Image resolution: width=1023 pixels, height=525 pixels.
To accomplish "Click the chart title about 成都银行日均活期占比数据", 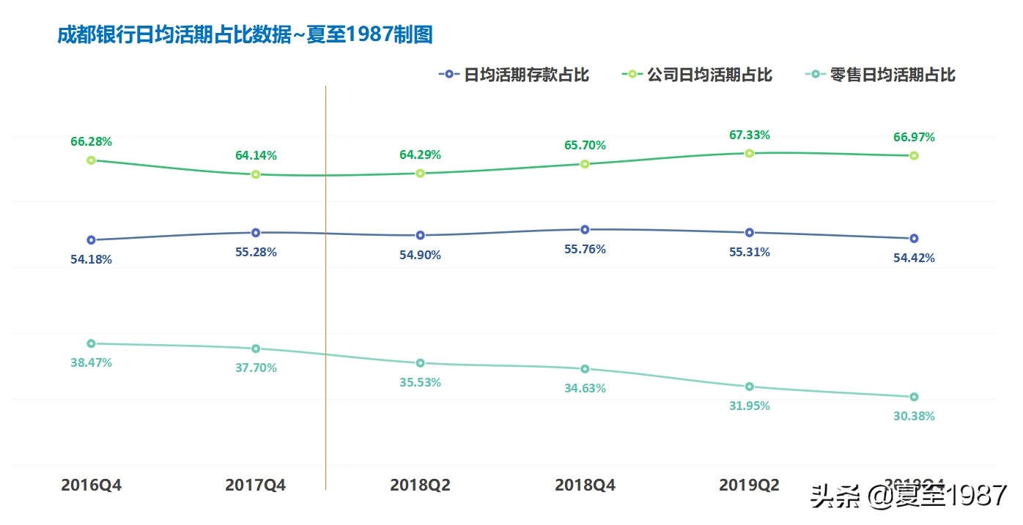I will click(x=245, y=34).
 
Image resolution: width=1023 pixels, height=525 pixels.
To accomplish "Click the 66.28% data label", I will click(x=91, y=141).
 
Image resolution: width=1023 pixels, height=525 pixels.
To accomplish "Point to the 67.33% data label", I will click(x=749, y=135).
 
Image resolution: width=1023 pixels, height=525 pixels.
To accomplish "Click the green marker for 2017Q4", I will click(x=256, y=174).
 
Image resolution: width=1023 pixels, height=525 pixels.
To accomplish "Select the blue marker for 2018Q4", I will click(x=585, y=230).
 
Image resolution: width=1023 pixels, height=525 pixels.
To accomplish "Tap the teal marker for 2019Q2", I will click(x=749, y=387).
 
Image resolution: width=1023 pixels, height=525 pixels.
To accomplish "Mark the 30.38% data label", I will click(x=914, y=416).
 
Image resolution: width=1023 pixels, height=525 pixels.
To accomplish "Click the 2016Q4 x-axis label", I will click(x=91, y=485).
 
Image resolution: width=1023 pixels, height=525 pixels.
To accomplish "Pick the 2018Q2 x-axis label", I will click(x=420, y=485).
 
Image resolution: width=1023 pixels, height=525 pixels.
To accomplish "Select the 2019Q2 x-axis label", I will click(x=749, y=485).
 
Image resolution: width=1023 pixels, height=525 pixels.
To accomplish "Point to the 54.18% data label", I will click(x=91, y=259).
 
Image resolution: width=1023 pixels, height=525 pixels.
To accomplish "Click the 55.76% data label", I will click(x=585, y=249).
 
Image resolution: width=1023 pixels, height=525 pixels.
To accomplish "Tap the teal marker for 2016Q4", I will click(x=91, y=343).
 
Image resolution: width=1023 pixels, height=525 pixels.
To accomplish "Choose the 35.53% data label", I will click(x=420, y=382).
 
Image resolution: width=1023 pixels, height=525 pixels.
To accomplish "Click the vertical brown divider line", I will click(x=325, y=293).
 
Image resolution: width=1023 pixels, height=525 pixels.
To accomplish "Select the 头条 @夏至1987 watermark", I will click(x=909, y=496).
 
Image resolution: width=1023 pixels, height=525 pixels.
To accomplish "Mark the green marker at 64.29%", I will click(x=420, y=174).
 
